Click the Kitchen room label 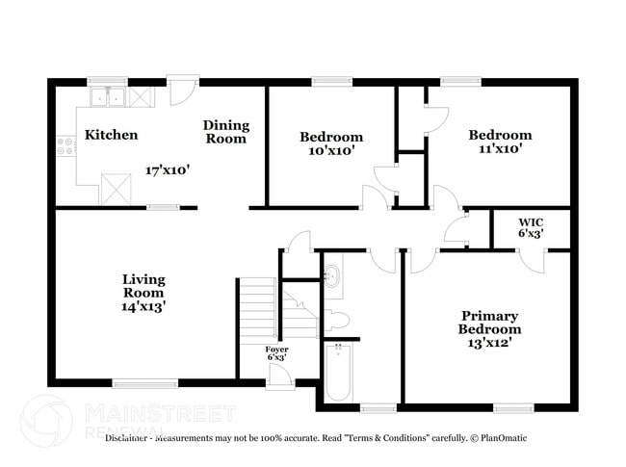coord(111,135)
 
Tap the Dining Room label coord(226,132)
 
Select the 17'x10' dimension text coord(167,169)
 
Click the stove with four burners coord(66,146)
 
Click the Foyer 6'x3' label coord(275,353)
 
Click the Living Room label coord(143,286)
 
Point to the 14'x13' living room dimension coord(143,307)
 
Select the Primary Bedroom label coord(489,323)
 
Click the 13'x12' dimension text coord(489,343)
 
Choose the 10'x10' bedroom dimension coord(330,151)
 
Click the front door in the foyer coord(280,376)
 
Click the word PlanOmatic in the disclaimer coord(503,438)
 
